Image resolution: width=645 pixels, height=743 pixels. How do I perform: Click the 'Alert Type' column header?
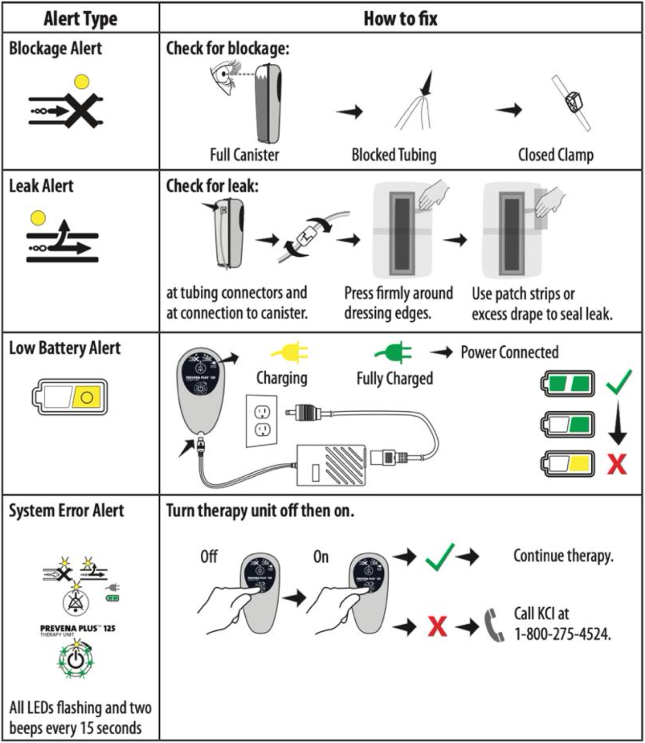tap(80, 19)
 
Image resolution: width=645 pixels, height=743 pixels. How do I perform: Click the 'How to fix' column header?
tap(400, 19)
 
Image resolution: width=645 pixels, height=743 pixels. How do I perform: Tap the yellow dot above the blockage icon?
tap(82, 82)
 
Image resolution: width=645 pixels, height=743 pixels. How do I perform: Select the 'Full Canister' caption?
tap(244, 155)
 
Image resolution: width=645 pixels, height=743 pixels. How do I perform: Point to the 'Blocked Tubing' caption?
tap(394, 155)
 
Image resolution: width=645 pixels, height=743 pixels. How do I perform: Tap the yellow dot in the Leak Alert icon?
tap(38, 218)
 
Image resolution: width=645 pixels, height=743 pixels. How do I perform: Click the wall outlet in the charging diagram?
tap(261, 421)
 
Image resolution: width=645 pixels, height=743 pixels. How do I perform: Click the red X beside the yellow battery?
tap(617, 464)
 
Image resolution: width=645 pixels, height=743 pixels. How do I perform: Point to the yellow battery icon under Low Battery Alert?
tap(70, 396)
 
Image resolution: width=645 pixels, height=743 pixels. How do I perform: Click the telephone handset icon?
tap(494, 625)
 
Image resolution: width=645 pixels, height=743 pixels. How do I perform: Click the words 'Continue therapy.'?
tap(563, 556)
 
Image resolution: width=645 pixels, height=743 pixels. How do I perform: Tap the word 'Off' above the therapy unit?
tap(209, 557)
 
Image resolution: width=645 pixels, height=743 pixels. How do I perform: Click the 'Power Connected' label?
tap(509, 352)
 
